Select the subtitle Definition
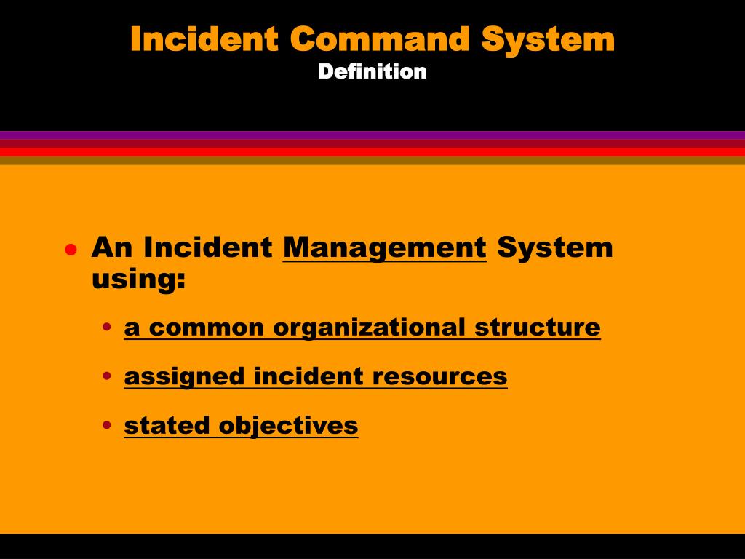click(372, 71)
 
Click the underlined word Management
click(385, 248)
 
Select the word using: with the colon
click(139, 279)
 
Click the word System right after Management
click(555, 248)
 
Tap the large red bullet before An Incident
click(71, 250)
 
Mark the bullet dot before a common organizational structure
click(107, 328)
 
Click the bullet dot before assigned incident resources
click(107, 377)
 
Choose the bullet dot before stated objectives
click(107, 426)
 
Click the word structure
click(538, 328)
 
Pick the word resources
click(439, 376)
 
